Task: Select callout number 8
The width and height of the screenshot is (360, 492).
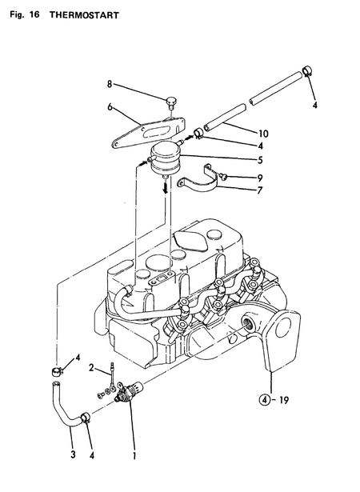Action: (110, 83)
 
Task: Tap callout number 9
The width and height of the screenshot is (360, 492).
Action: (237, 177)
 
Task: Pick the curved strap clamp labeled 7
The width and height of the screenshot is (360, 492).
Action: (199, 183)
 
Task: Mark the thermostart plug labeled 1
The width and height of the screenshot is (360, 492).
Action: (126, 394)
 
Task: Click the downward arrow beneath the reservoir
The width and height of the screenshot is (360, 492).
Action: (166, 186)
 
